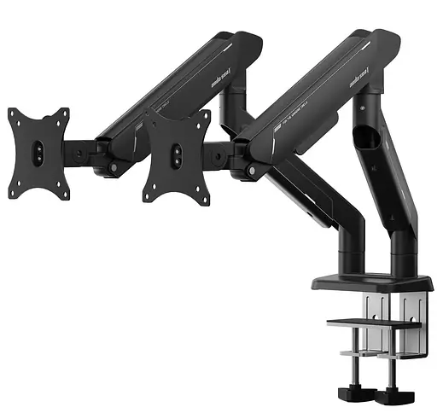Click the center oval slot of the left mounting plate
tap(38, 154)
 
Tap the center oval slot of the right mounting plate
tap(176, 154)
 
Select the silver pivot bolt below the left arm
tap(112, 167)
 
